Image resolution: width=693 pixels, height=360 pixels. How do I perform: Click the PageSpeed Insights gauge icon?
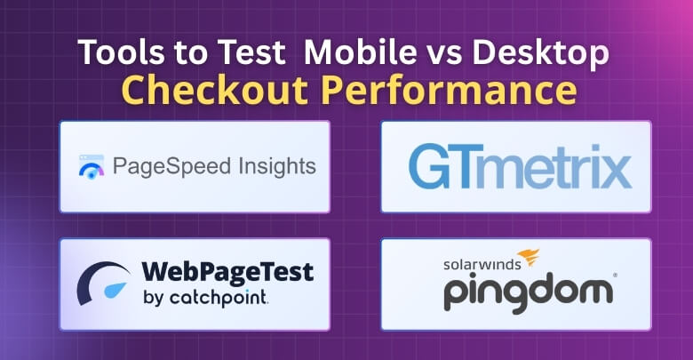tap(92, 167)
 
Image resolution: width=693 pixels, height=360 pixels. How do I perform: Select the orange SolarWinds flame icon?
tap(528, 259)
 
